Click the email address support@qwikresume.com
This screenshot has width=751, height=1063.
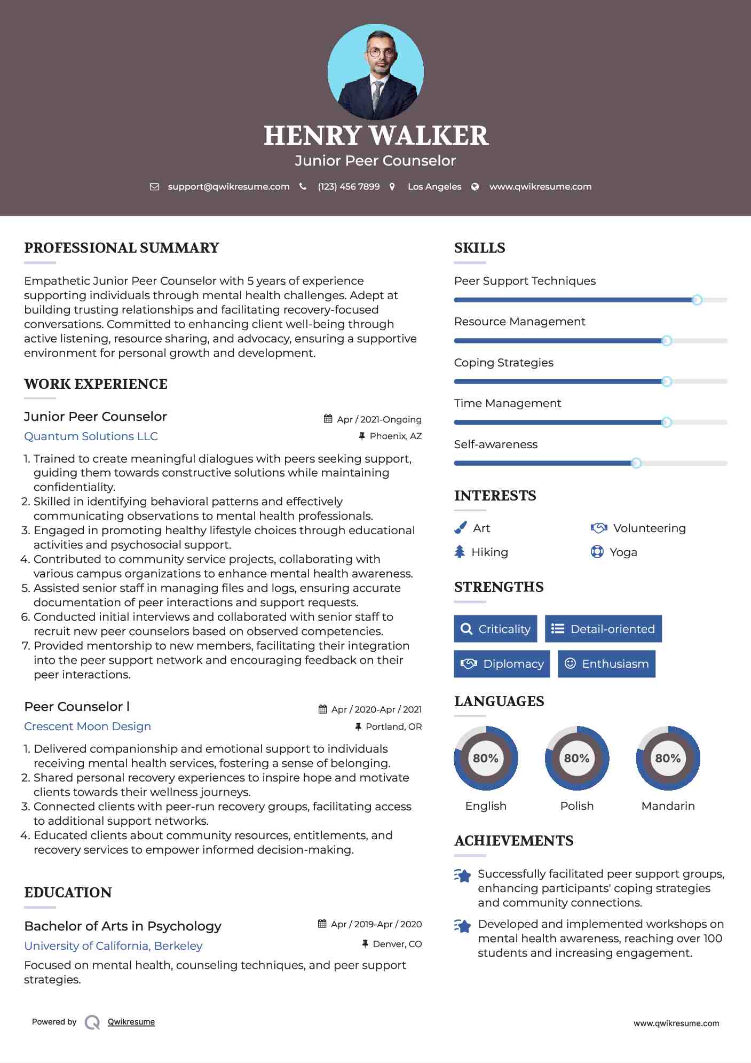point(228,186)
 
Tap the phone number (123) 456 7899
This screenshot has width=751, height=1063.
point(349,186)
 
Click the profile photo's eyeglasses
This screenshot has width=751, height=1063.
point(381,53)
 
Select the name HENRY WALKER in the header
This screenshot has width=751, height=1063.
point(376,136)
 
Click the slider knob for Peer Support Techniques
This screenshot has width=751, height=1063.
point(697,300)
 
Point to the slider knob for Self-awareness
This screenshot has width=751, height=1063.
point(636,463)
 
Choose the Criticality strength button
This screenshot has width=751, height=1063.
point(495,629)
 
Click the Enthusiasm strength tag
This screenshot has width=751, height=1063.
point(606,663)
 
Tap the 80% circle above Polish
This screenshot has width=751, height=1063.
point(576,758)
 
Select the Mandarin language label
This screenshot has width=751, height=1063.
point(668,806)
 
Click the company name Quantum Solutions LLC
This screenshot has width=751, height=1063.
point(91,436)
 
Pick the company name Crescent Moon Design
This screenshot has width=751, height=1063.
point(88,726)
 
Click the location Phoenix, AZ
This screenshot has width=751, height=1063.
point(396,436)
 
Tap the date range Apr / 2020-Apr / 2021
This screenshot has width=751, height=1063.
point(376,709)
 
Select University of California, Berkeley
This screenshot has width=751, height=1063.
point(113,946)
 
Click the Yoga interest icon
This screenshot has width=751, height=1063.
point(597,552)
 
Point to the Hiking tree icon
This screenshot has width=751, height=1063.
point(460,552)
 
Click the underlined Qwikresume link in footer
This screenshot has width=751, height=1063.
point(131,1022)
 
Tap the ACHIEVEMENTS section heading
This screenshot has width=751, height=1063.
point(513,841)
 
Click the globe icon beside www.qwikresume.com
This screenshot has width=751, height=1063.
point(475,186)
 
